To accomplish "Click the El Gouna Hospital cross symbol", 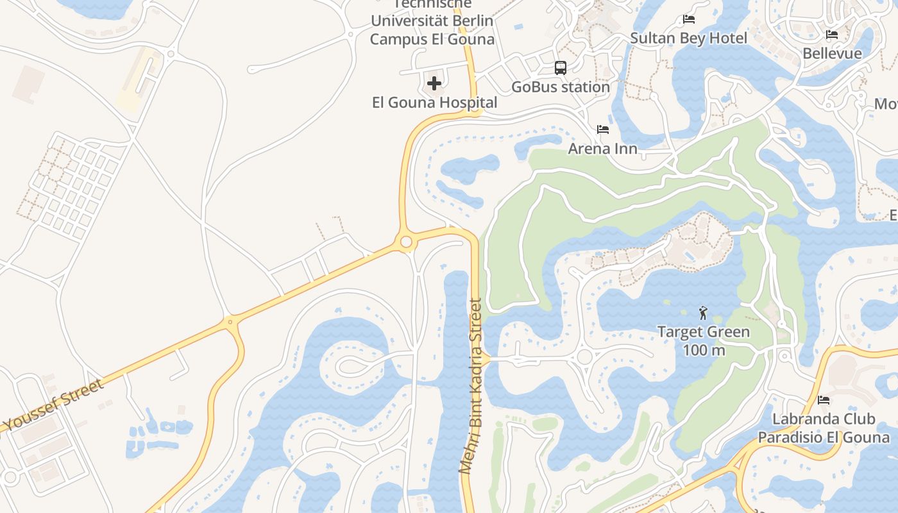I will click(x=434, y=83).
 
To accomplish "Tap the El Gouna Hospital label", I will click(x=434, y=103).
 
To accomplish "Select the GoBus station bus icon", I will click(x=560, y=68).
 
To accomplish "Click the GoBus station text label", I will click(x=560, y=87).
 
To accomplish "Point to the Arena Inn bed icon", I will click(x=602, y=130).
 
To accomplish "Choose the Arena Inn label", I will click(x=602, y=149).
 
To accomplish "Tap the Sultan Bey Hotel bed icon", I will click(x=689, y=19).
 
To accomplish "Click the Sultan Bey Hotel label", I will click(x=689, y=38).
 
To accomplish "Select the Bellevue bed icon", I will click(x=832, y=35).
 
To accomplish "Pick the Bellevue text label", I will click(x=832, y=53).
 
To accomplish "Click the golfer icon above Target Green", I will click(x=703, y=314).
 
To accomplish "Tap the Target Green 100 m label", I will click(x=703, y=341).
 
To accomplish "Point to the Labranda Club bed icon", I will click(x=824, y=400).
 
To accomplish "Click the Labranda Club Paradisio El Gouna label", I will click(x=824, y=428).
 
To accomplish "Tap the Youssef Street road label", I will click(x=54, y=405).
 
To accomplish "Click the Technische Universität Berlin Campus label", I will click(x=432, y=21).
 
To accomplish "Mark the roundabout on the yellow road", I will click(x=405, y=242).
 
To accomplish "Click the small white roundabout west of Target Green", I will click(x=584, y=357).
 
